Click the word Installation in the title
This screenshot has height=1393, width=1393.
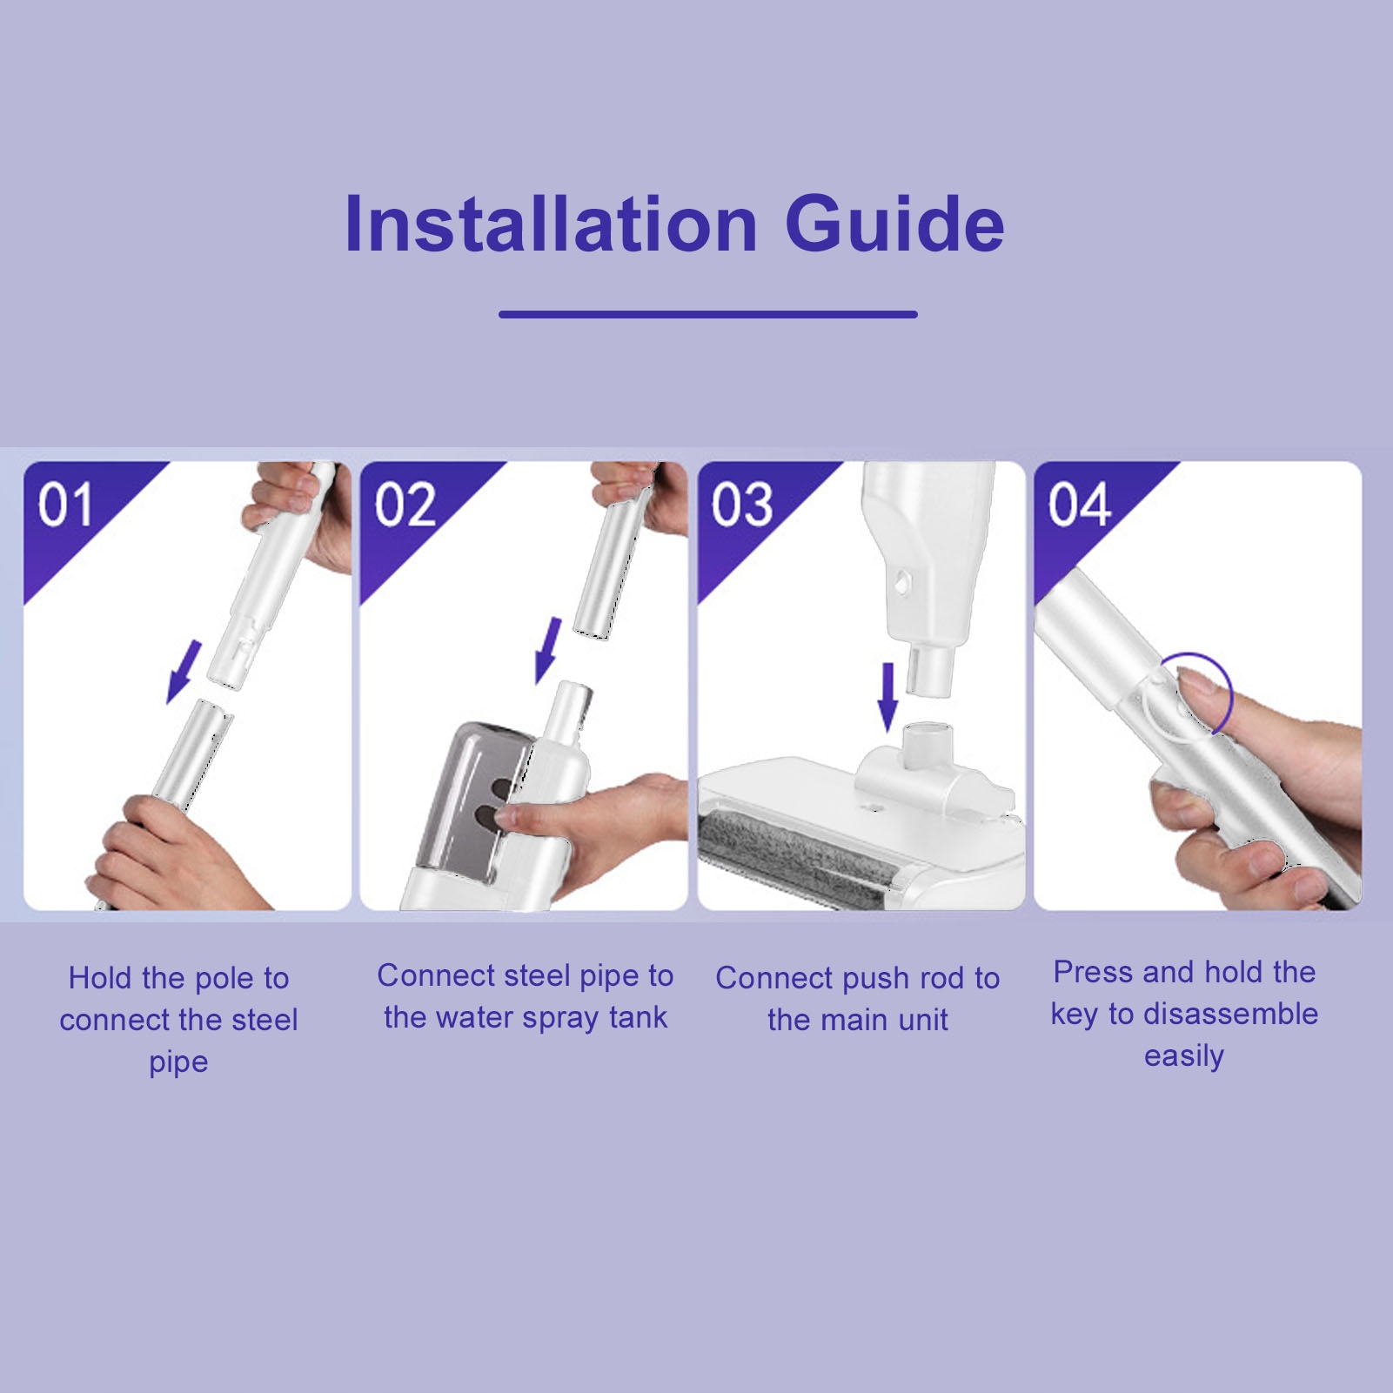coord(551,224)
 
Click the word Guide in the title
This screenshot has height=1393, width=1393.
coord(894,224)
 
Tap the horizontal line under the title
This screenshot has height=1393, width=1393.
coord(708,314)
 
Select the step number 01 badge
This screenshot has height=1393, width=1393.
coord(65,505)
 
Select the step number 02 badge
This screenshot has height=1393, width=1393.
coord(405,505)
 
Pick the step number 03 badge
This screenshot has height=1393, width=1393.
coord(741,505)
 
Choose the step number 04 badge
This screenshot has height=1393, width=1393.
coord(1079,505)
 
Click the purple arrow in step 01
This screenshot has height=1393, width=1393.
coord(184,672)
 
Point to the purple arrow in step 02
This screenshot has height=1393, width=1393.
coord(548,650)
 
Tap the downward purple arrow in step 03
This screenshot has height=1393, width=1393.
coord(887,697)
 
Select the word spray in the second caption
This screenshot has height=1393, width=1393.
coord(561,1019)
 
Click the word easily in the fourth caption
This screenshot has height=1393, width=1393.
coord(1184,1056)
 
